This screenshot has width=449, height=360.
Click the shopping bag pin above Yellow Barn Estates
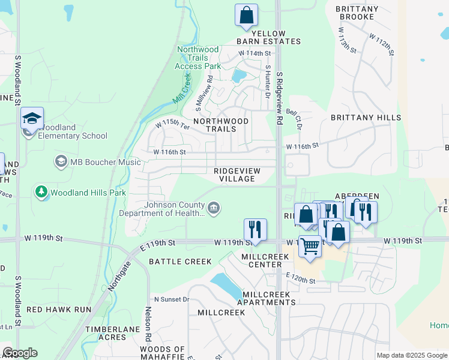(246, 16)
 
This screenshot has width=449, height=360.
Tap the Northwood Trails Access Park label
(197, 58)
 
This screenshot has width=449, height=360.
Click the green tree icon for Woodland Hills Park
(41, 193)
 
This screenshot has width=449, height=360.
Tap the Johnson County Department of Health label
(162, 208)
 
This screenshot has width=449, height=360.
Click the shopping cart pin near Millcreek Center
(310, 246)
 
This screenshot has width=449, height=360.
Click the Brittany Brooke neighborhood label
(357, 13)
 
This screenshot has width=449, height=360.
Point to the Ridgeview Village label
(237, 175)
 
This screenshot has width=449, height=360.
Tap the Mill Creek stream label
(182, 89)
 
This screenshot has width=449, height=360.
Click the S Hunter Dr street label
(267, 82)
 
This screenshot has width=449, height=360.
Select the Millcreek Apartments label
(266, 298)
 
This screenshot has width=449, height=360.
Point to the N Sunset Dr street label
(172, 299)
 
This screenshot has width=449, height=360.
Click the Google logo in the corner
(20, 353)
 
